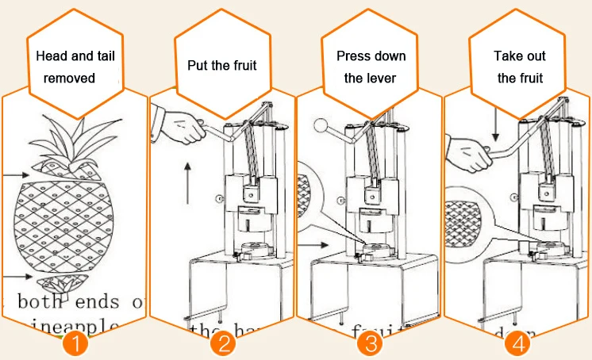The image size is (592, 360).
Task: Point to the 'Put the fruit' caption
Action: pyautogui.click(x=222, y=65)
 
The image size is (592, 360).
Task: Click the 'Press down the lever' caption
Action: pyautogui.click(x=371, y=67)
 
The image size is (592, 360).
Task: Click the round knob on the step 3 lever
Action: pyautogui.click(x=320, y=124)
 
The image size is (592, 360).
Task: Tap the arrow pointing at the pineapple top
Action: pyautogui.click(x=14, y=174)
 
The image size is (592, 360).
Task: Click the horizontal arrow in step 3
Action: pyautogui.click(x=321, y=246)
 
